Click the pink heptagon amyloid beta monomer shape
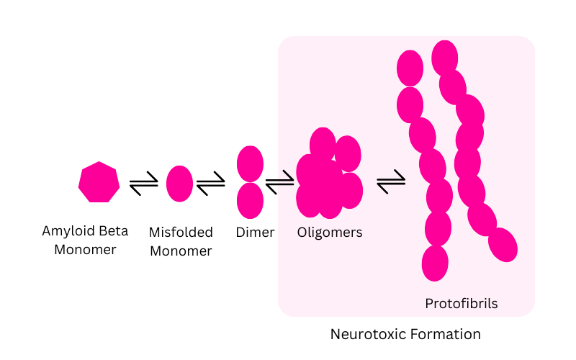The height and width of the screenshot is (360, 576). [99, 182]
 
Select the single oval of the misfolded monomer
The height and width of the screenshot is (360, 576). [179, 184]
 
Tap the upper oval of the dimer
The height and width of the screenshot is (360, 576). [250, 163]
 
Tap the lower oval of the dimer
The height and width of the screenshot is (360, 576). [250, 200]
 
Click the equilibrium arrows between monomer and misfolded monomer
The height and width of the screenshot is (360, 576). [143, 185]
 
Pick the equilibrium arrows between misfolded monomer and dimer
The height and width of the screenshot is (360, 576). [211, 185]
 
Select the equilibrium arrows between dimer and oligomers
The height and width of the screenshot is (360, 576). [279, 185]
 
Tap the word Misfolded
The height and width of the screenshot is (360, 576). [181, 233]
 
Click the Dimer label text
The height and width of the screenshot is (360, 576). [255, 233]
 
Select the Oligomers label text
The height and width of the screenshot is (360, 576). [330, 233]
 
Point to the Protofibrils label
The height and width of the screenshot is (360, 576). [462, 304]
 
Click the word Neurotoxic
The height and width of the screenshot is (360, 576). [364, 334]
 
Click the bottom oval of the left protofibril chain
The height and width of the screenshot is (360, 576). [435, 263]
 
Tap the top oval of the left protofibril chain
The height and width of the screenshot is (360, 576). [410, 68]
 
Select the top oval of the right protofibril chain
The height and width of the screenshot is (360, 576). [445, 57]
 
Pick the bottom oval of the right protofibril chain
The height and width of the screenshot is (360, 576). [503, 245]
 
